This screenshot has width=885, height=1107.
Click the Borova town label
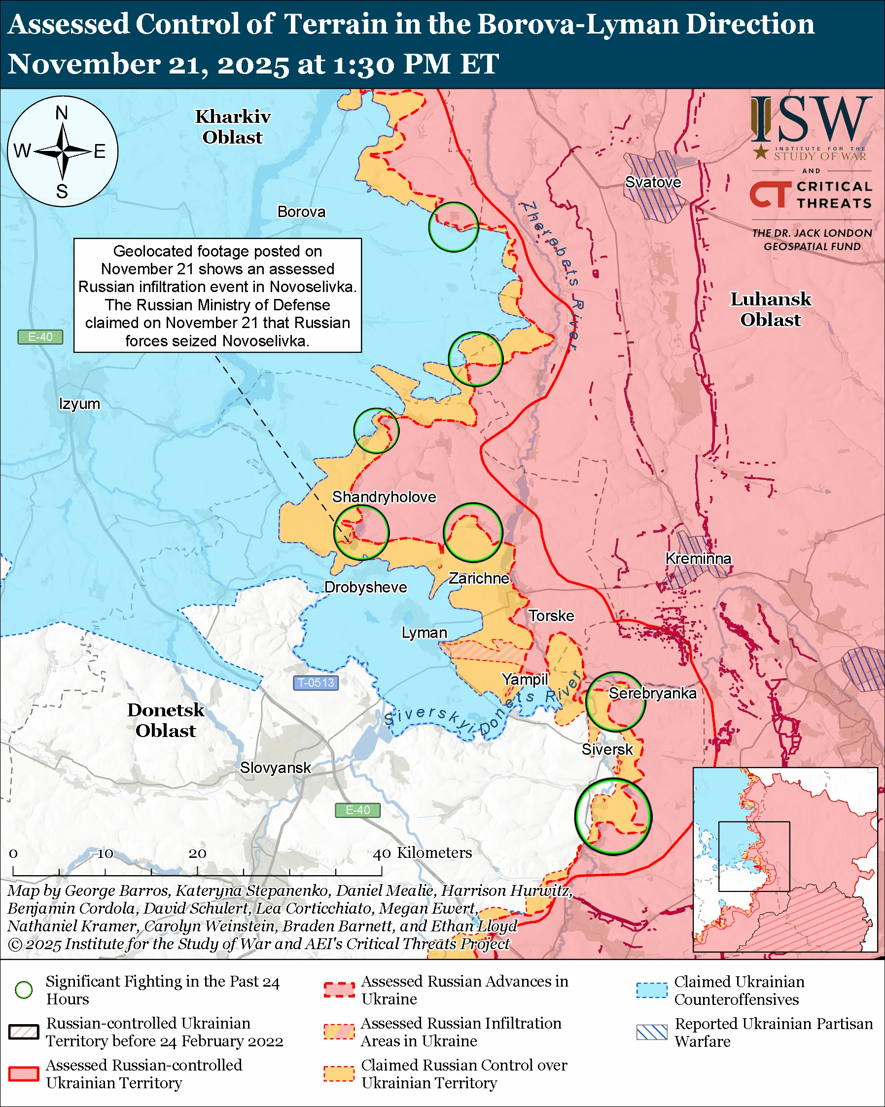[x=301, y=212]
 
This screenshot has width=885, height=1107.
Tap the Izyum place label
[x=79, y=404]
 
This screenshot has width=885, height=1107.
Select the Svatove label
[x=653, y=182]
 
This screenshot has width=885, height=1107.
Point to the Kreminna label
[x=698, y=558]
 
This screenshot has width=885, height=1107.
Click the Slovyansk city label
[x=275, y=768]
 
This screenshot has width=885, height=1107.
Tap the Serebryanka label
[x=652, y=693]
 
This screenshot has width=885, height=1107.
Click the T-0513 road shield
[x=316, y=682]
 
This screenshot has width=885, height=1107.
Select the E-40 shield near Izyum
[x=40, y=337]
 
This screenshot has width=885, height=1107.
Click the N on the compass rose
[x=62, y=112]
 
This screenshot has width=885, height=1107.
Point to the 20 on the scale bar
[x=197, y=853]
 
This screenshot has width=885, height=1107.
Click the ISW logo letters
[x=811, y=119]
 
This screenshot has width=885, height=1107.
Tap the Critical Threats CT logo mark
[x=770, y=194]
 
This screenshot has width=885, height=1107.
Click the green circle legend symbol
[x=24, y=990]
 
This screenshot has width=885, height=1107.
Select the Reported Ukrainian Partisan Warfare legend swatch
[x=652, y=1032]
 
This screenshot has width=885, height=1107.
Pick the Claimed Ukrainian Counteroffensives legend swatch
[x=652, y=990]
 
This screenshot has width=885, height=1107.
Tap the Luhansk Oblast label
[x=770, y=309]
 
